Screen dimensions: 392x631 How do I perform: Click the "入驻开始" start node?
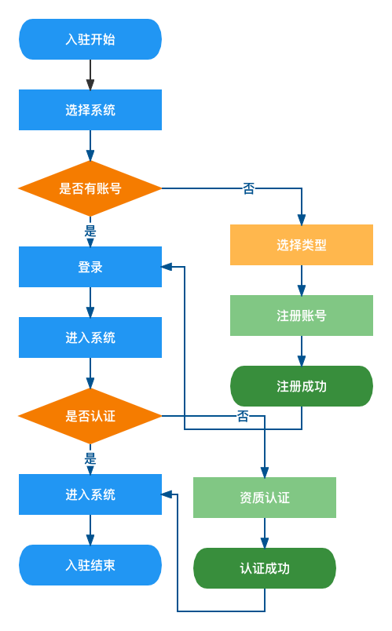coord(90,39)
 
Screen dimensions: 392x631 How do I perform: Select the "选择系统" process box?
coord(90,110)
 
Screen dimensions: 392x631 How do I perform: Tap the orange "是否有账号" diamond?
coord(90,188)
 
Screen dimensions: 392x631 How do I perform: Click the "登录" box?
coord(90,267)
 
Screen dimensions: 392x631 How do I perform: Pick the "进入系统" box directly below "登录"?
coord(90,337)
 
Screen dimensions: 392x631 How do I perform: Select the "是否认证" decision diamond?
coord(90,416)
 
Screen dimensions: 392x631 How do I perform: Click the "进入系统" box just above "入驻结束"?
coord(90,494)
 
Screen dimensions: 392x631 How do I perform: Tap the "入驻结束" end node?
coord(90,565)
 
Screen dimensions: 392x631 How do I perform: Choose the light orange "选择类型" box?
coord(302,245)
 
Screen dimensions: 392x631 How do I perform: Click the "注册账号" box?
coord(302,315)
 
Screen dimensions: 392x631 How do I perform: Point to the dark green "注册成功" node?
coord(302,386)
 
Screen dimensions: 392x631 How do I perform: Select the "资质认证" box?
coord(265,498)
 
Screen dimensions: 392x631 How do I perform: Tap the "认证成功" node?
coord(265,568)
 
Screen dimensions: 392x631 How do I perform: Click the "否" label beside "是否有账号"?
coord(248,188)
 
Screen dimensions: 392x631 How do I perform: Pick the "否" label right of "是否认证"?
coord(243,416)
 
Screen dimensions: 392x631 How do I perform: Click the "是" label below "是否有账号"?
coord(90,231)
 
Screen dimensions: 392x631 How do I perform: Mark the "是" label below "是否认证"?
coord(90,458)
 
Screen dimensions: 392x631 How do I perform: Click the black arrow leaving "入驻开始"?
coord(90,75)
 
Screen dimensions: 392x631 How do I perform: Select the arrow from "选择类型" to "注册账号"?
coord(302,280)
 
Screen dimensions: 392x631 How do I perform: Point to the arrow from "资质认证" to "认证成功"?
coord(265,533)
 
